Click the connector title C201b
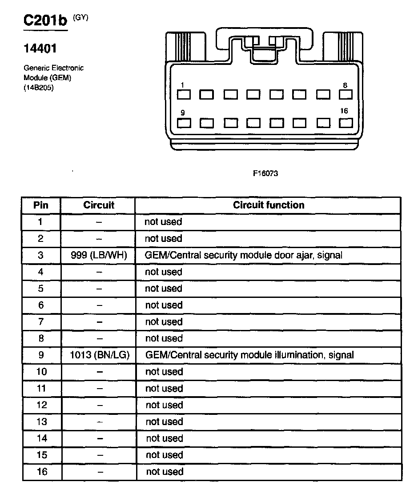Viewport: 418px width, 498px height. coord(44,21)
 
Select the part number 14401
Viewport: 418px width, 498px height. coord(40,48)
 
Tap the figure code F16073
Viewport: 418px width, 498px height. coord(265,173)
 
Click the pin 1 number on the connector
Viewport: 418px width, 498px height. coord(183,84)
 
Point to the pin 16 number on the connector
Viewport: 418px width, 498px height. coord(344,111)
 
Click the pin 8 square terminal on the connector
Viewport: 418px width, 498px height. coord(346,94)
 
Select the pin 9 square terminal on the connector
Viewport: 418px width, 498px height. coord(184,122)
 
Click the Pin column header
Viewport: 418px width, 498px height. coord(41,205)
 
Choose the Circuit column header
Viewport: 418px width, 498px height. coord(99,205)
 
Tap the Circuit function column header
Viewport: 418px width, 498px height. coord(269,205)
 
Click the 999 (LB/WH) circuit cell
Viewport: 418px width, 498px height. coord(99,255)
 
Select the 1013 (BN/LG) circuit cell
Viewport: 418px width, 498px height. coord(99,355)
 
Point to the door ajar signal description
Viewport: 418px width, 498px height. coord(243,255)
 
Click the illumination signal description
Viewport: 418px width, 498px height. coord(249,355)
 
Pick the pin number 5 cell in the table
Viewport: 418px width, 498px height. coord(41,289)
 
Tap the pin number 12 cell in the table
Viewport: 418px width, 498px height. coord(41,405)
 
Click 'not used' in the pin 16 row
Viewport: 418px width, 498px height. coord(165,472)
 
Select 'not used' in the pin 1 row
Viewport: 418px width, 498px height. coord(163,222)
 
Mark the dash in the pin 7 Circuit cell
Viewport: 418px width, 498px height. coord(100,322)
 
